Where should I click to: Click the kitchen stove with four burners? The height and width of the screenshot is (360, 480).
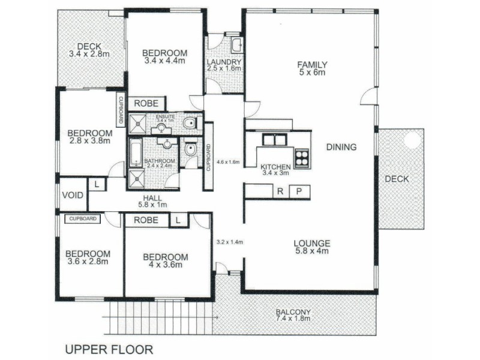[302, 157]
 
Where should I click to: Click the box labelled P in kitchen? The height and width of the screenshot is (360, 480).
[298, 191]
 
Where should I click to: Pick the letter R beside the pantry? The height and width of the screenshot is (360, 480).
[280, 191]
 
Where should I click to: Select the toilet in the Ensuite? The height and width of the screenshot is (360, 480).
[190, 123]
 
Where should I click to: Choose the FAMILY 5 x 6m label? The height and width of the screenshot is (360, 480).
[312, 69]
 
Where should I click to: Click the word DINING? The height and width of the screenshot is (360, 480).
[341, 147]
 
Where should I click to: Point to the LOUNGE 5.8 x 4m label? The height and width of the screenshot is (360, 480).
[312, 247]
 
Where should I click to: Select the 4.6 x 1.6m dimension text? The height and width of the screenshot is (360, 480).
[227, 162]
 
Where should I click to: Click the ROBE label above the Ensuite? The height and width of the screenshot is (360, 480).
[146, 103]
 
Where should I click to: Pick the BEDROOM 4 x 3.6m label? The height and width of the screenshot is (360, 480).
[165, 261]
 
